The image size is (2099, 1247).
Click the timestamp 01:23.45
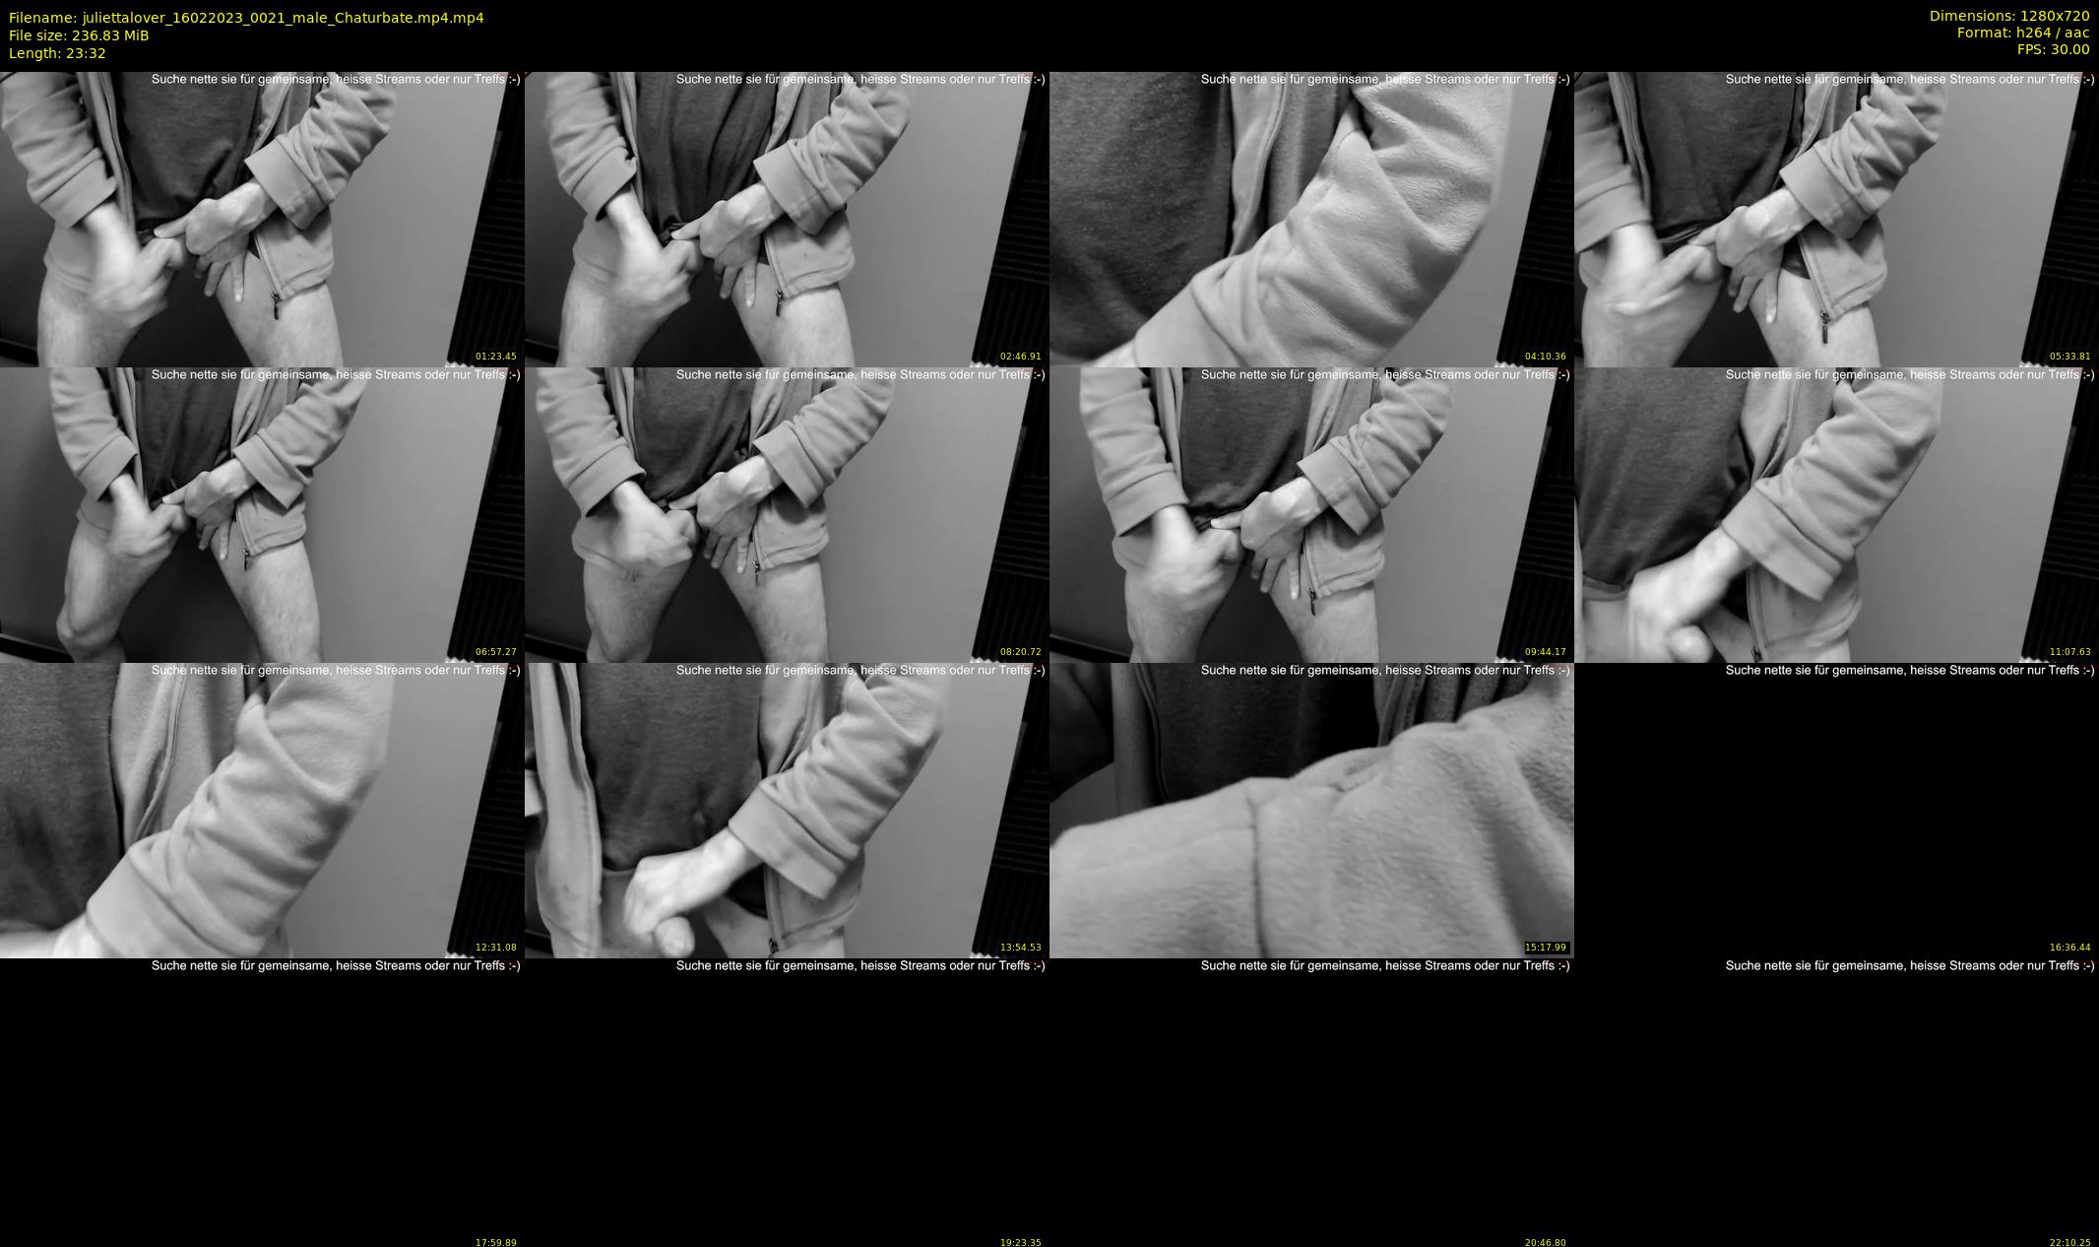tap(496, 357)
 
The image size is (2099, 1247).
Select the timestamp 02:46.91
tap(1021, 357)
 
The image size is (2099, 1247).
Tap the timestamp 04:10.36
tap(1546, 357)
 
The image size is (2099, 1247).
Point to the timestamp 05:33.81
tap(2070, 357)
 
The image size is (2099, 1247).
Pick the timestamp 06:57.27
tap(496, 652)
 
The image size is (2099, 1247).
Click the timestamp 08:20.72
tap(1021, 652)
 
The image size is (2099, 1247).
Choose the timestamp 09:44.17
tap(1546, 652)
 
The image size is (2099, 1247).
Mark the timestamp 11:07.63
tap(2070, 652)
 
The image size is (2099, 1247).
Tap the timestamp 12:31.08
tap(496, 948)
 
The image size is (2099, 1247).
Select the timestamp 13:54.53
tap(1021, 948)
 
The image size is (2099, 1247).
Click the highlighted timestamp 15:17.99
tap(1546, 948)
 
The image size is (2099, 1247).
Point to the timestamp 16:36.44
tap(2070, 948)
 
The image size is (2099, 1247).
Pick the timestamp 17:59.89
tap(496, 1243)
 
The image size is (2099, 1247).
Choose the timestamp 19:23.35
tap(1021, 1243)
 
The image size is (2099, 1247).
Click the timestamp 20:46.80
tap(1546, 1243)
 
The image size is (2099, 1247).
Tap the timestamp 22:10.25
tap(2070, 1243)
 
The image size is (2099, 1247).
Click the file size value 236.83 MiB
tap(110, 35)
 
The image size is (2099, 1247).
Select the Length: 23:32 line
tap(57, 53)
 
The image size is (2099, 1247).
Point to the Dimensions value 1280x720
tap(2055, 16)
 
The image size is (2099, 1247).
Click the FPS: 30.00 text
tap(2054, 49)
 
